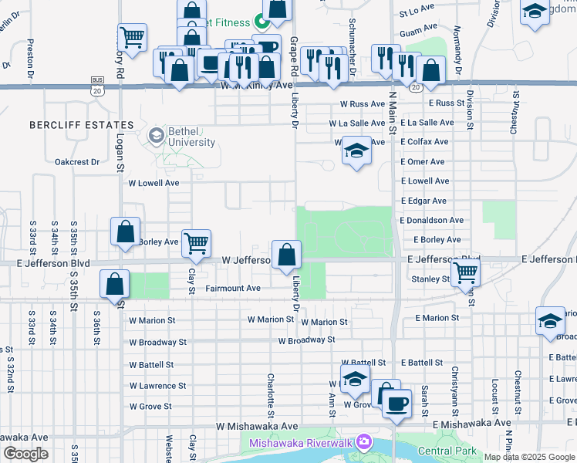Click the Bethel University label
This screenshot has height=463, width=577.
coord(181,137)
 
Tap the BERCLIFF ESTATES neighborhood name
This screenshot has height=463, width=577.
coord(82,124)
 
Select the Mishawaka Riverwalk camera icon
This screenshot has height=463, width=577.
coord(363,442)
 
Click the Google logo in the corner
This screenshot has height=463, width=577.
coord(25,454)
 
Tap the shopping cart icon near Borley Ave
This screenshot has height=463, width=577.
coord(197,242)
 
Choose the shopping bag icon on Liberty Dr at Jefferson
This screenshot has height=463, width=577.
coord(286,252)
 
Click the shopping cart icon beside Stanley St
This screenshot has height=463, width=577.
coord(465,271)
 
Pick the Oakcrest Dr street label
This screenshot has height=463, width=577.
coord(77,162)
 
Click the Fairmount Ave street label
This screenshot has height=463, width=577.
coord(233,288)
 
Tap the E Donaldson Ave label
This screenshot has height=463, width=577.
coord(431,220)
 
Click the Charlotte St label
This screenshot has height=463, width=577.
coord(272,392)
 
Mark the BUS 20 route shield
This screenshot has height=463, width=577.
coord(96,84)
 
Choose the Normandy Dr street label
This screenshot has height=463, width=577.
coord(457,46)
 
